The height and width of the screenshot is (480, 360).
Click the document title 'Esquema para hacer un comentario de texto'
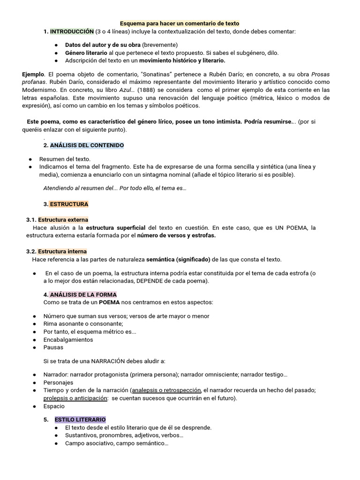point(180,23)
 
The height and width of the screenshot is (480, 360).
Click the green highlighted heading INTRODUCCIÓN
point(72,31)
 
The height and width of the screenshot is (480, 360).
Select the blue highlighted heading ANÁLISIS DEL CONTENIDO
point(87,145)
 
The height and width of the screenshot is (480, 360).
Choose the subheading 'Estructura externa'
point(63,220)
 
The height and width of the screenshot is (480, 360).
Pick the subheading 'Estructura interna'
point(62,252)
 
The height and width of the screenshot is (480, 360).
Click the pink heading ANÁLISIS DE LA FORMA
point(83,295)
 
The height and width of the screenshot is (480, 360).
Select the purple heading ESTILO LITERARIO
point(80,420)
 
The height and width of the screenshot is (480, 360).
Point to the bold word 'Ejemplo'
point(33,74)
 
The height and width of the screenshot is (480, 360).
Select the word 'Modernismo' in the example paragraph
point(40,90)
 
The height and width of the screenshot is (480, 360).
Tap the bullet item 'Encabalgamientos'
point(68,340)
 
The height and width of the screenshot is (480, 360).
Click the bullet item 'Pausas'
point(53,347)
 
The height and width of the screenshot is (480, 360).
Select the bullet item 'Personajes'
point(59,382)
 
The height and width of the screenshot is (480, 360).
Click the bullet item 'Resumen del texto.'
point(65,159)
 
